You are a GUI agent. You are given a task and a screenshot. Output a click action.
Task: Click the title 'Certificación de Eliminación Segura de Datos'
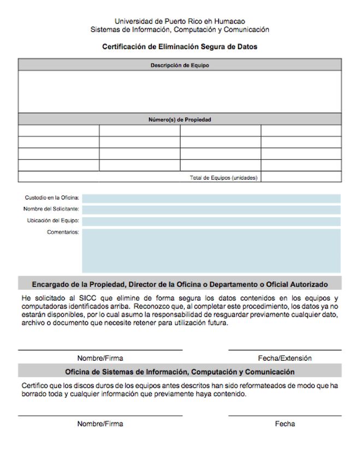(180, 47)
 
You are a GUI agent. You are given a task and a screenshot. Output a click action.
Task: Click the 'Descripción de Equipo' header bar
(180, 65)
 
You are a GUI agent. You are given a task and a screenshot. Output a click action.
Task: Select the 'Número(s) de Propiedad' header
(180, 119)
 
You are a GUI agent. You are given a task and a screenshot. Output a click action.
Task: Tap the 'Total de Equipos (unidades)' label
(223, 177)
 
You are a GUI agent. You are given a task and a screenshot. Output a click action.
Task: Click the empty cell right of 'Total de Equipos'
(301, 177)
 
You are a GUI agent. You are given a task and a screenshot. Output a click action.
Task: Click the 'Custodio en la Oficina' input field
(211, 198)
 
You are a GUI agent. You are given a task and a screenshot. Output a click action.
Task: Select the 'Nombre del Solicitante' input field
(211, 210)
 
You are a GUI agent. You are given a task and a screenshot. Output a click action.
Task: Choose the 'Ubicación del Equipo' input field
(211, 221)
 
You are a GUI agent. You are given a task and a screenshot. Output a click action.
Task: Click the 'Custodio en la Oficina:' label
(52, 198)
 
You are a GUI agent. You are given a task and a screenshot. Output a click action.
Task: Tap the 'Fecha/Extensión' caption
(285, 359)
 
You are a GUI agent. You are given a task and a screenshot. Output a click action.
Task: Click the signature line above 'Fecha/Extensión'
(285, 350)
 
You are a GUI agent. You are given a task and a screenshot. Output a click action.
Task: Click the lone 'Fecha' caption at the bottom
(285, 424)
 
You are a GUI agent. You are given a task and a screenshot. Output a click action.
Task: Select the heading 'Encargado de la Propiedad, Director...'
(180, 284)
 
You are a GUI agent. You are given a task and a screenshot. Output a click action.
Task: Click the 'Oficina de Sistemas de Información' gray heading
(180, 372)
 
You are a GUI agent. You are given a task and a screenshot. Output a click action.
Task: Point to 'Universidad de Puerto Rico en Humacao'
(180, 21)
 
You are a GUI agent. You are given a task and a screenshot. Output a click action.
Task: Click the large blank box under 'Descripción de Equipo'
(180, 91)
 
